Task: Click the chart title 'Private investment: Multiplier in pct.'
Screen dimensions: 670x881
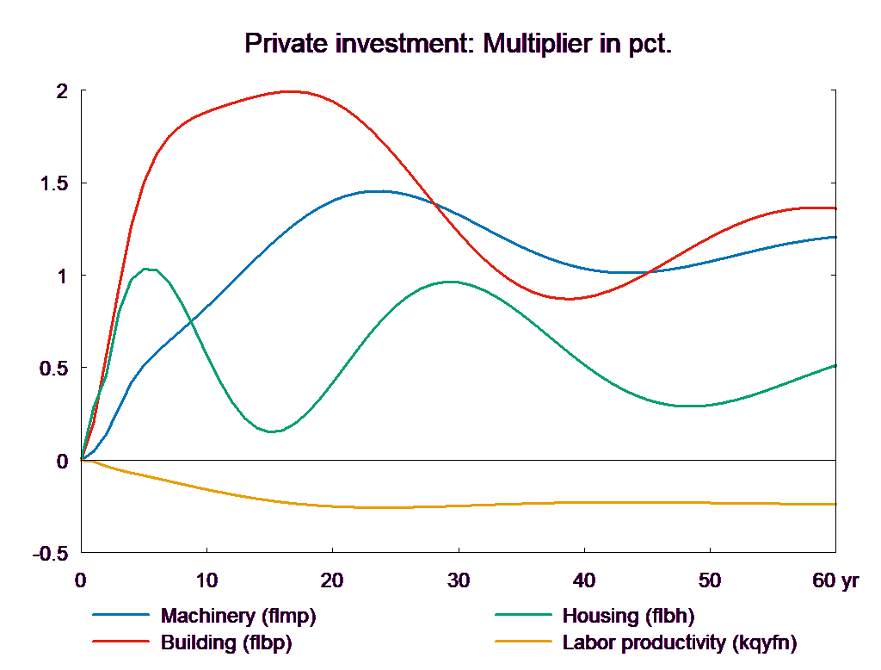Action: [458, 44]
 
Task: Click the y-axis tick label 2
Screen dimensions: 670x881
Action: [62, 91]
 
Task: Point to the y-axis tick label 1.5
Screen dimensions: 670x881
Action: [56, 184]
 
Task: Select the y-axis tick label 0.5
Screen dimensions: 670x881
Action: [56, 369]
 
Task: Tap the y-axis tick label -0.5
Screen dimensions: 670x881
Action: [52, 554]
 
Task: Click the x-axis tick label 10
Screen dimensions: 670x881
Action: [206, 580]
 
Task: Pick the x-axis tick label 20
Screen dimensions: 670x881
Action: [332, 580]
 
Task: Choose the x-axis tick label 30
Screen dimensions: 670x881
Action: [458, 580]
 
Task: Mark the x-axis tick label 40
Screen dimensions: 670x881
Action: [583, 580]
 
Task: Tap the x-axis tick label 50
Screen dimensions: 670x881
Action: [709, 580]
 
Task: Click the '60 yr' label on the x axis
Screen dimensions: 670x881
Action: [835, 580]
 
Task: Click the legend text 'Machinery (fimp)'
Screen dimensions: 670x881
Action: [238, 616]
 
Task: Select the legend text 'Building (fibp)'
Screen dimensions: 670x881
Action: [226, 642]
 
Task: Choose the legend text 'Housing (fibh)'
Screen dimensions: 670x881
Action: [628, 616]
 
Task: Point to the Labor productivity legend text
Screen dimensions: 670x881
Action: [680, 642]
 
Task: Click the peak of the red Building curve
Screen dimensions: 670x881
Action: [291, 90]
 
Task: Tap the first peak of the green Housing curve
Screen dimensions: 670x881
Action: [150, 269]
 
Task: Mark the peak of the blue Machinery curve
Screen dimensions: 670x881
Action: [376, 191]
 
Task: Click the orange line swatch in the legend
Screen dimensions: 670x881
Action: [523, 642]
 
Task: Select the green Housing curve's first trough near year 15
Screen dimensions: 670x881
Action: [272, 431]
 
